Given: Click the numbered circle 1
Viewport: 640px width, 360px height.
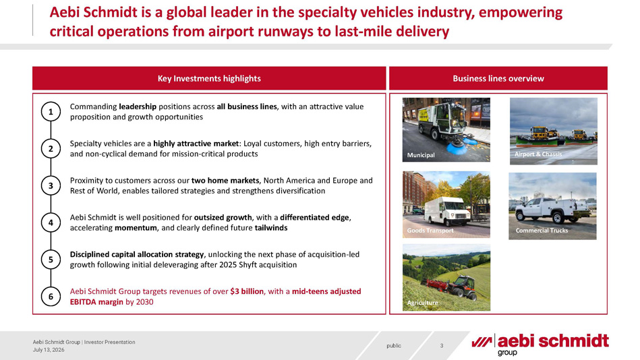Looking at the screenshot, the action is (51, 111).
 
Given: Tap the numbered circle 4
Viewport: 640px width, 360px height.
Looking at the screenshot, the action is (51, 222).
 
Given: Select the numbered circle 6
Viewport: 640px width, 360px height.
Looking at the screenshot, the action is (51, 297).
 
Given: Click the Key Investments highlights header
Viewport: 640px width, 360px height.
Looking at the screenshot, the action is (209, 78).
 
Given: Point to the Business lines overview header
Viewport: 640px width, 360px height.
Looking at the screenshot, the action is (498, 78).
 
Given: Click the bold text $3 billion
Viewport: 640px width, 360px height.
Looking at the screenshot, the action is (247, 291).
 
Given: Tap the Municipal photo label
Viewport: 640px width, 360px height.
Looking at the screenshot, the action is (421, 155).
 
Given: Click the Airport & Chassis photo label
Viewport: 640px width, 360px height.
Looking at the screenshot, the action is (538, 154).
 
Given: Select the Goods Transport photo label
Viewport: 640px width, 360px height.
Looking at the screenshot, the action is (430, 231).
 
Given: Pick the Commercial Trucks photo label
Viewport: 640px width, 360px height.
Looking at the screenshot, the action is (542, 231).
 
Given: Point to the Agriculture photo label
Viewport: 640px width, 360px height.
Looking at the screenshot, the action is (422, 303).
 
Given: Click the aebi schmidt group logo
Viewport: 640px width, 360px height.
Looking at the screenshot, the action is (540, 344).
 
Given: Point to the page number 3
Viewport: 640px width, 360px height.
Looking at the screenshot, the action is (442, 346).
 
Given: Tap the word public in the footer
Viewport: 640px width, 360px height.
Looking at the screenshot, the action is (394, 346).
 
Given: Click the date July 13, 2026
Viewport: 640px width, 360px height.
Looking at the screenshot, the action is (49, 350).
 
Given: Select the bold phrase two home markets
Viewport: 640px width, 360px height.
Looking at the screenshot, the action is (225, 181).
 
